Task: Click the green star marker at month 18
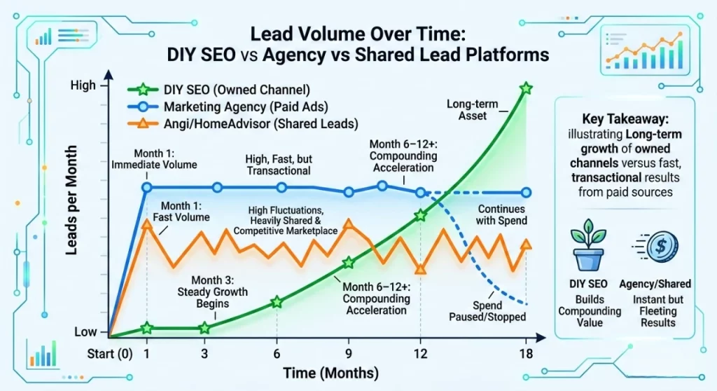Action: (527, 88)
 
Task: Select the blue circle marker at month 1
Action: (147, 188)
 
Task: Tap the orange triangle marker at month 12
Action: (420, 268)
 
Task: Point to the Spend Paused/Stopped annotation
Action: (487, 310)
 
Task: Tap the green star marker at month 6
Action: (277, 302)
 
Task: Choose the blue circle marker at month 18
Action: (527, 193)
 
